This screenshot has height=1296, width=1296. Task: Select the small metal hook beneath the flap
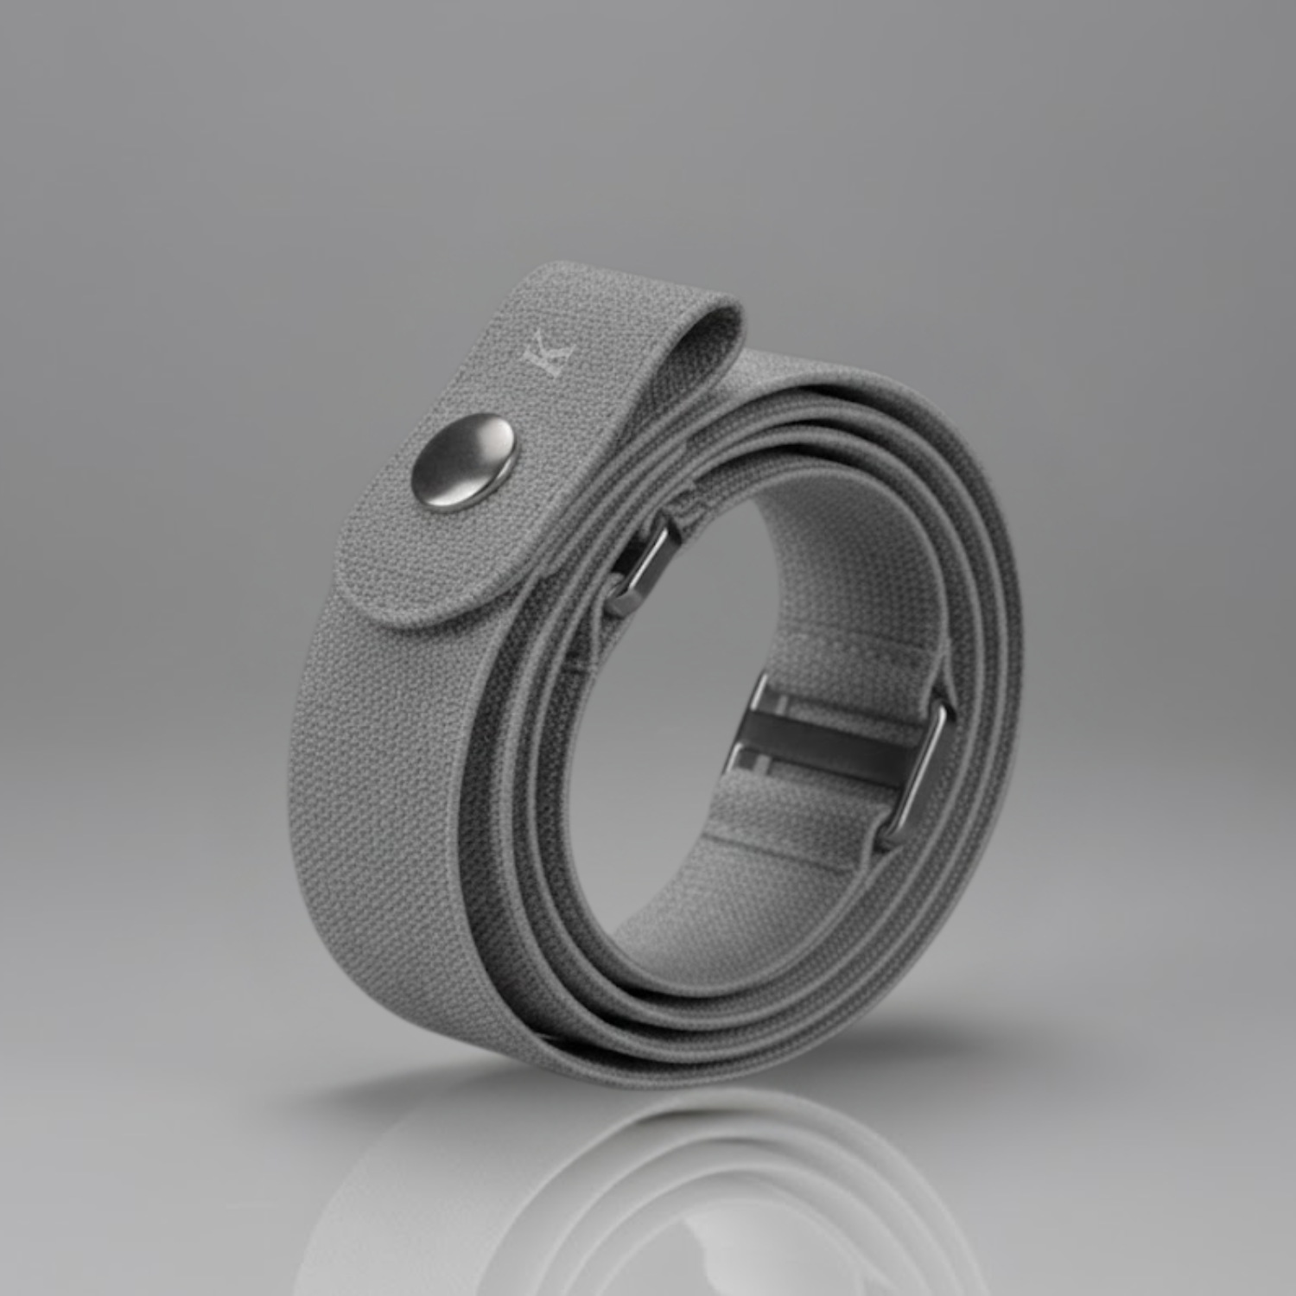tap(644, 562)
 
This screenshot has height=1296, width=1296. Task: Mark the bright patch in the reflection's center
tap(691, 1210)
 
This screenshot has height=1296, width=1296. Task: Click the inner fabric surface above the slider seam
tap(829, 570)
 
